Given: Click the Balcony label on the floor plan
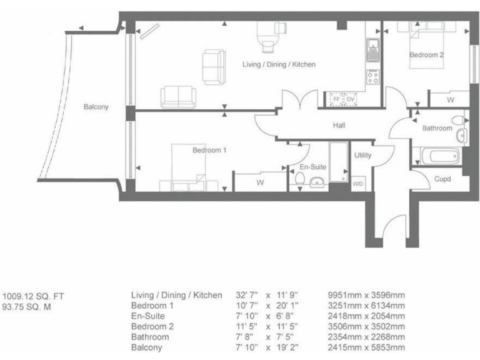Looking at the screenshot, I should pyautogui.click(x=96, y=107).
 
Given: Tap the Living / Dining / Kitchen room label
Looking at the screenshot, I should pyautogui.click(x=279, y=64).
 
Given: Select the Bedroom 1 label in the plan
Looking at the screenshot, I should pyautogui.click(x=209, y=150).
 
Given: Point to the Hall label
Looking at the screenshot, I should pyautogui.click(x=339, y=126).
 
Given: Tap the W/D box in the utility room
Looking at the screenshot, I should pyautogui.click(x=359, y=184).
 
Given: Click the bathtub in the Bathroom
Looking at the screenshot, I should pyautogui.click(x=441, y=156).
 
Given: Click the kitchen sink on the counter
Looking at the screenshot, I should pyautogui.click(x=373, y=48).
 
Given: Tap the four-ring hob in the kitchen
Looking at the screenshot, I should pyautogui.click(x=373, y=77).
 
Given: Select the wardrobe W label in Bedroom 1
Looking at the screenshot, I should pyautogui.click(x=259, y=182).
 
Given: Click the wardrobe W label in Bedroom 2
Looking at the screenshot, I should pyautogui.click(x=451, y=99).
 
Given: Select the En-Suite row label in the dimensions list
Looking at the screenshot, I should pyautogui.click(x=147, y=316).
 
